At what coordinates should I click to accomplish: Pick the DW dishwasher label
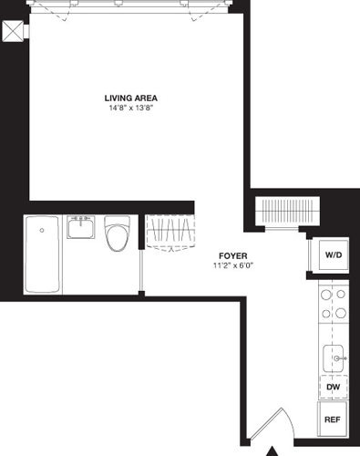[333, 388]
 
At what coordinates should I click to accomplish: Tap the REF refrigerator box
[333, 421]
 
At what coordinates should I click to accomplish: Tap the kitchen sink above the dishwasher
[334, 358]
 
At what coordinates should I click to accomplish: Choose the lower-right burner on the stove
[343, 313]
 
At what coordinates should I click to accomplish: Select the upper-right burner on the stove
[343, 295]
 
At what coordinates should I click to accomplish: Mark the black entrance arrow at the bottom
[271, 451]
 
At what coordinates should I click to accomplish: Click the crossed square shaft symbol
[14, 31]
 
